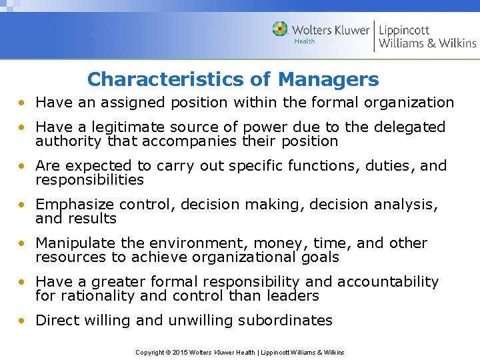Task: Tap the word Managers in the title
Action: pyautogui.click(x=328, y=80)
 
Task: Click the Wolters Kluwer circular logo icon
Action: pyautogui.click(x=280, y=29)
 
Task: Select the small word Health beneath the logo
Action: pyautogui.click(x=305, y=41)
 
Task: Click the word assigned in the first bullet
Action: pyautogui.click(x=115, y=103)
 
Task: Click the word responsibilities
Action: pyautogui.click(x=89, y=180)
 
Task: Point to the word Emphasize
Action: pyautogui.click(x=73, y=205)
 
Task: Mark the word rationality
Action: pyautogui.click(x=97, y=296)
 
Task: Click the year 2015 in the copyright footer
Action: pyautogui.click(x=180, y=352)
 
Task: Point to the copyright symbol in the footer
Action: pyautogui.click(x=167, y=352)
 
